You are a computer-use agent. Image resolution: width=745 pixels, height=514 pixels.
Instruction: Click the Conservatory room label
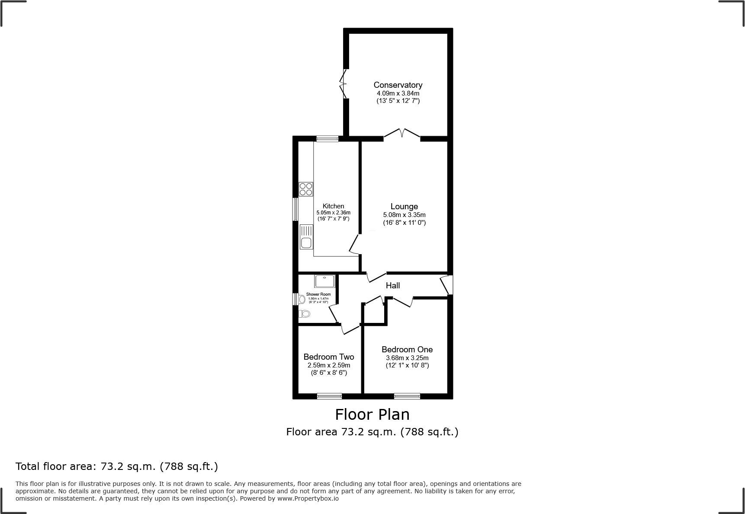click(x=398, y=85)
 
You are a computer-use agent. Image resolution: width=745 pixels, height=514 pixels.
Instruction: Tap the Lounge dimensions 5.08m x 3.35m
click(x=404, y=215)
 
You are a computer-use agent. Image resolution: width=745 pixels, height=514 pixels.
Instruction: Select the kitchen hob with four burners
click(x=306, y=189)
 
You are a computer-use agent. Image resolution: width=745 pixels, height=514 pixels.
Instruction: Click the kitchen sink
click(x=306, y=243)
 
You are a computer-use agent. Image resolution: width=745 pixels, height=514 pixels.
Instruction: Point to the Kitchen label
click(x=333, y=206)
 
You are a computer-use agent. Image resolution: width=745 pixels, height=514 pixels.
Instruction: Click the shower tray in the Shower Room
click(x=324, y=281)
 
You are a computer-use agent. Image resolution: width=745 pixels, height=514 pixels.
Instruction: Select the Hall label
click(x=392, y=285)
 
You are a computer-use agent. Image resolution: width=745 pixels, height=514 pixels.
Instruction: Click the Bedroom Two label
click(x=328, y=357)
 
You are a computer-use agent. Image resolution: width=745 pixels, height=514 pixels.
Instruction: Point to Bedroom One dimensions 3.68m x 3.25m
click(x=407, y=358)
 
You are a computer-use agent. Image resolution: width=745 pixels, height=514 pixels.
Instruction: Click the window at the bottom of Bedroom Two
click(x=329, y=396)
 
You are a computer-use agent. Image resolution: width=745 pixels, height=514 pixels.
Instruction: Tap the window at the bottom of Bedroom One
click(x=407, y=396)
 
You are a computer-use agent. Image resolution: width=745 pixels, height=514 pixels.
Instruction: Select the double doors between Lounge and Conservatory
click(x=402, y=134)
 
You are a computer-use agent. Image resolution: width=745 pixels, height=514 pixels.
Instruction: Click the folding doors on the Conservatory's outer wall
click(x=344, y=83)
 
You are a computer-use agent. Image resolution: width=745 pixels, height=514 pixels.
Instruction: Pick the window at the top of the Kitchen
click(x=327, y=139)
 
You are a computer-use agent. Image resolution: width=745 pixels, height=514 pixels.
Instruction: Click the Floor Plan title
click(x=372, y=415)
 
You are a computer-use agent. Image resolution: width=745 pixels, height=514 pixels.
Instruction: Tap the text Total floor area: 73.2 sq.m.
click(x=116, y=466)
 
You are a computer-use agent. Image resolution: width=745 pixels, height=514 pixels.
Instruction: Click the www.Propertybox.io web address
click(x=308, y=498)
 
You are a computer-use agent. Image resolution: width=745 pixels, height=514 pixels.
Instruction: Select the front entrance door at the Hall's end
click(x=446, y=285)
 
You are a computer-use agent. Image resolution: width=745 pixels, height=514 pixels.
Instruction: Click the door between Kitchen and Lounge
click(x=355, y=245)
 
